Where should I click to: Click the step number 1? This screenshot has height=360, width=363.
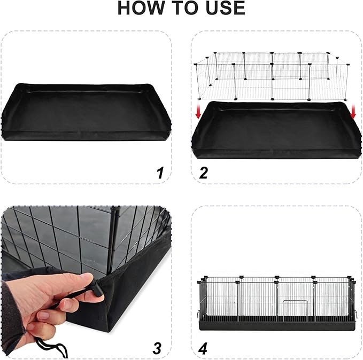point(159,173)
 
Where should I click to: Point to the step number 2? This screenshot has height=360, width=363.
point(203,173)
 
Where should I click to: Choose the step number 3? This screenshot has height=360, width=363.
point(157,348)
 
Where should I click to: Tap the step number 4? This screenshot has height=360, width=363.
point(203,348)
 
